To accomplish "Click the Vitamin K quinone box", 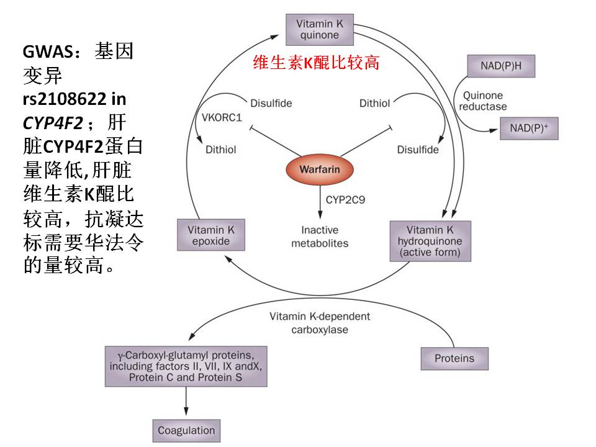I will (319, 29).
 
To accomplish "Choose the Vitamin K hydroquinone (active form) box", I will (430, 241).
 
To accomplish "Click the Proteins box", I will (454, 358).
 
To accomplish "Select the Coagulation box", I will (186, 430).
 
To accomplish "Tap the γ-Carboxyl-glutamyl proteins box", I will (186, 366).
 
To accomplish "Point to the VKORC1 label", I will (222, 118).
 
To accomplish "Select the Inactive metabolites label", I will (320, 237).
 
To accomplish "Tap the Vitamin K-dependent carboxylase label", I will (319, 323).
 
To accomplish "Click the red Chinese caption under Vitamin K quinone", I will (316, 63).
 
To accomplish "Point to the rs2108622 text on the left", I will (59, 97).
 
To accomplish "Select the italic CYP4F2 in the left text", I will (52, 120).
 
